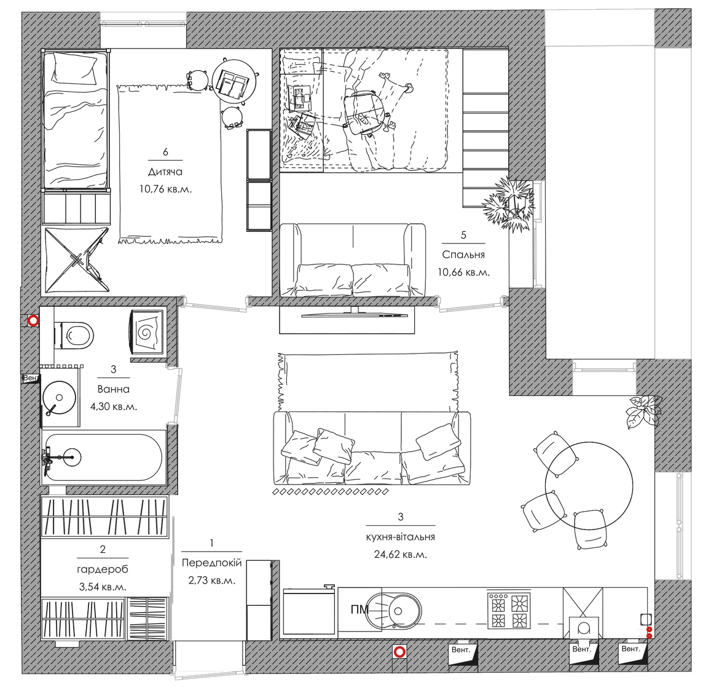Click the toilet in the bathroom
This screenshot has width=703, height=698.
[74, 335]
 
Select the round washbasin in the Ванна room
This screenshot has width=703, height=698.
[59, 397]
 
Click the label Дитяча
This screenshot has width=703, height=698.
[165, 172]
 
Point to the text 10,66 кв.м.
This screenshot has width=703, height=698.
[463, 272]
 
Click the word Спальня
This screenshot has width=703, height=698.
[463, 255]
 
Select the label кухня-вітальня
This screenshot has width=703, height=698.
[401, 537]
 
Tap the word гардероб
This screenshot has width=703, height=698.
[103, 569]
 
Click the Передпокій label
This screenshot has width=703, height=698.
[211, 563]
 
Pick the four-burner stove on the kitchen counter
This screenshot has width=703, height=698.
[509, 609]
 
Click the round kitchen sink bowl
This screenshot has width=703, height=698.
[398, 611]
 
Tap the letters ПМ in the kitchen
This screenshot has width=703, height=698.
[359, 609]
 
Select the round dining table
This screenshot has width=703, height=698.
[589, 485]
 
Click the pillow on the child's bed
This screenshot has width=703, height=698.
[74, 69]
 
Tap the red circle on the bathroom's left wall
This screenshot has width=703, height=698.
[33, 321]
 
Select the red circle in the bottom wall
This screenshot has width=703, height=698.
[399, 651]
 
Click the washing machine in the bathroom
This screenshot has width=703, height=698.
[147, 333]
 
